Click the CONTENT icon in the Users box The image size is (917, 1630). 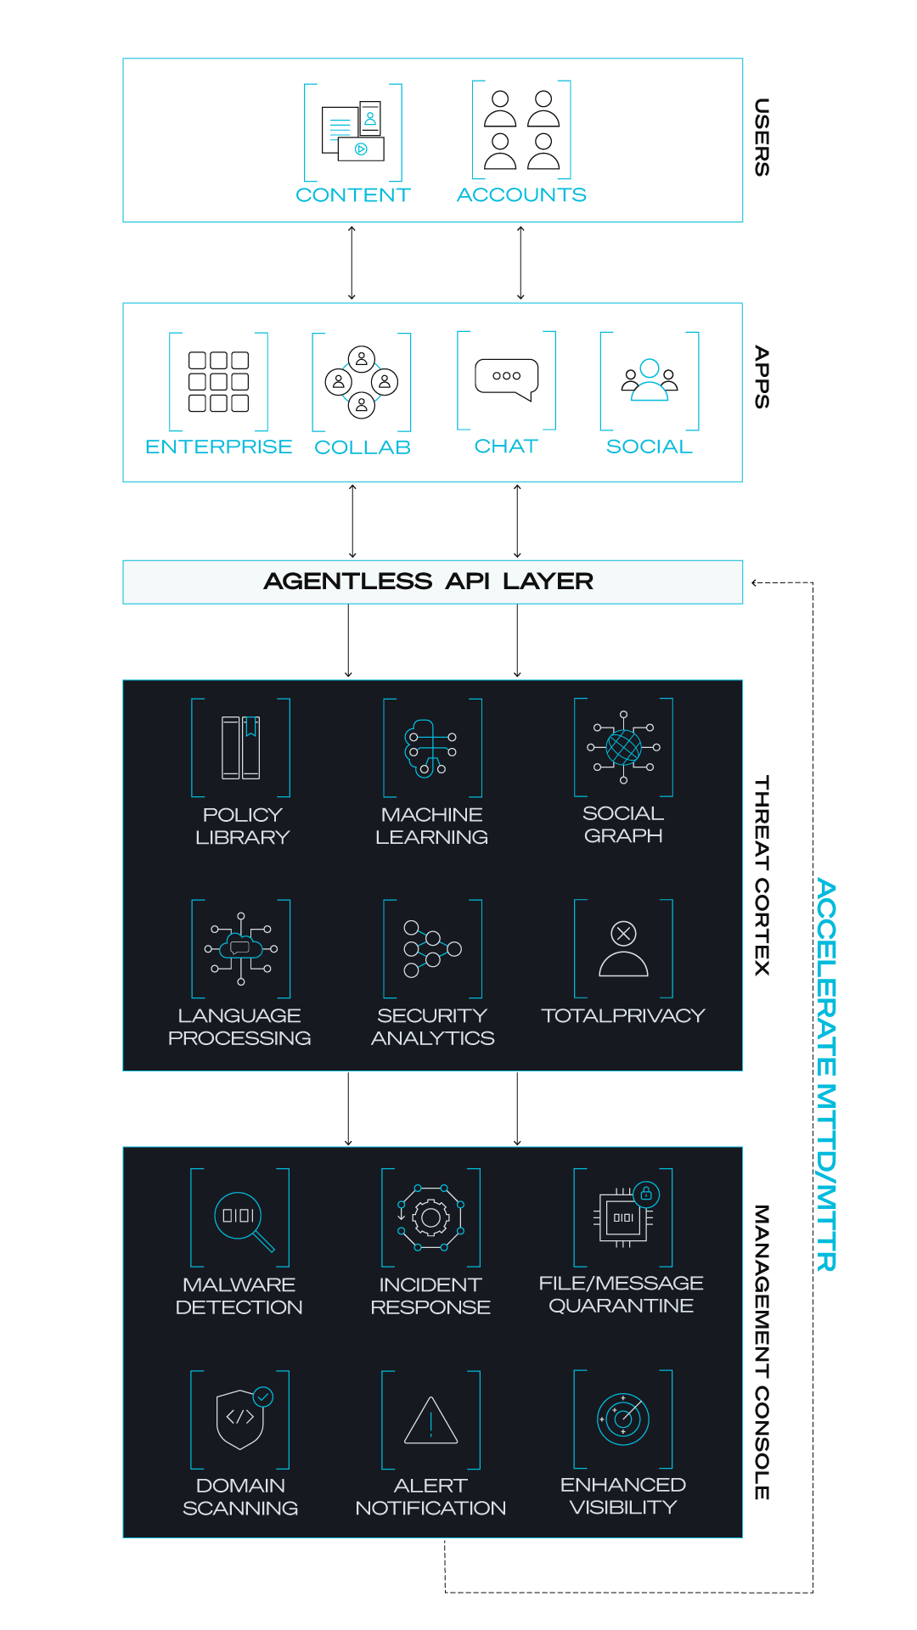tap(353, 132)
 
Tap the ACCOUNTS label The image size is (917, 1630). tap(521, 195)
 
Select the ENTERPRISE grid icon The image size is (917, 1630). tap(218, 381)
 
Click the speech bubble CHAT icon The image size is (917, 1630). tap(507, 379)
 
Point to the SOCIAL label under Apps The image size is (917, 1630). tap(650, 447)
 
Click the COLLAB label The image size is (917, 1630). tap(363, 447)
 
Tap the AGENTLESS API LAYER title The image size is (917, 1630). tap(429, 582)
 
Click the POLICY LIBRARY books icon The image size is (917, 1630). tap(241, 748)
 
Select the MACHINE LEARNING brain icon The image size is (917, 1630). tap(432, 748)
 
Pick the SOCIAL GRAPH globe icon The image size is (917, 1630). tap(623, 747)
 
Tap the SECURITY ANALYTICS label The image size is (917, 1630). tap(433, 1027)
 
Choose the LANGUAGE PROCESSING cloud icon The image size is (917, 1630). tap(241, 948)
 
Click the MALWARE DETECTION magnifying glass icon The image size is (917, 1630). tap(245, 1222)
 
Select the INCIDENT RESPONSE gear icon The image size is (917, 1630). tap(430, 1218)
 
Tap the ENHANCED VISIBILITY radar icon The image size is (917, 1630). tap(623, 1419)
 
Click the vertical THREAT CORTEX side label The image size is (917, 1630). tap(762, 875)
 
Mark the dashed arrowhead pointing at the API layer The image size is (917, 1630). tap(755, 583)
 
